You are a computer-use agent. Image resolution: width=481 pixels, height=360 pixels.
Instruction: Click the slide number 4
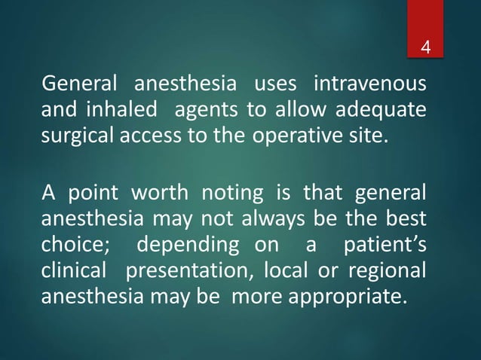tap(427, 50)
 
